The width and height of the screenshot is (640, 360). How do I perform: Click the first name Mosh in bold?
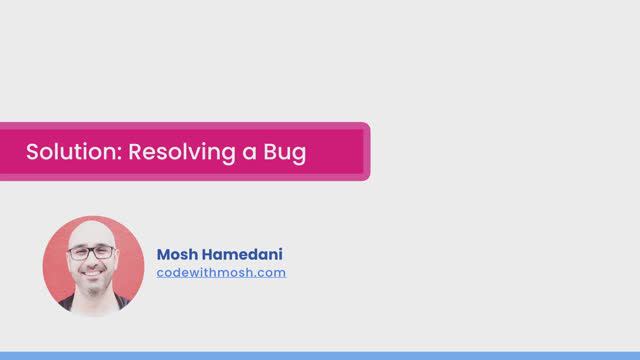[x=177, y=255]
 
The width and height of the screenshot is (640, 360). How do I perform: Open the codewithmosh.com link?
[x=221, y=272]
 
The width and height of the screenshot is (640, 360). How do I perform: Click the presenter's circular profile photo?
[x=93, y=266]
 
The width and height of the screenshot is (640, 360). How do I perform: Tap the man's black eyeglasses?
[x=92, y=253]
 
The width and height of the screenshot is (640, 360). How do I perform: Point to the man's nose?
[x=92, y=262]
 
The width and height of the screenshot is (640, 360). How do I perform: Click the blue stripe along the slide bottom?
[x=320, y=355]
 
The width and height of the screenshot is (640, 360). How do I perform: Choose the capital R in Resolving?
[x=136, y=153]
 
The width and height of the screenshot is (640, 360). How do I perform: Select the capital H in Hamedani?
[x=208, y=255]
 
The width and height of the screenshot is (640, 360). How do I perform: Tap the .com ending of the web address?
[x=270, y=272]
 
